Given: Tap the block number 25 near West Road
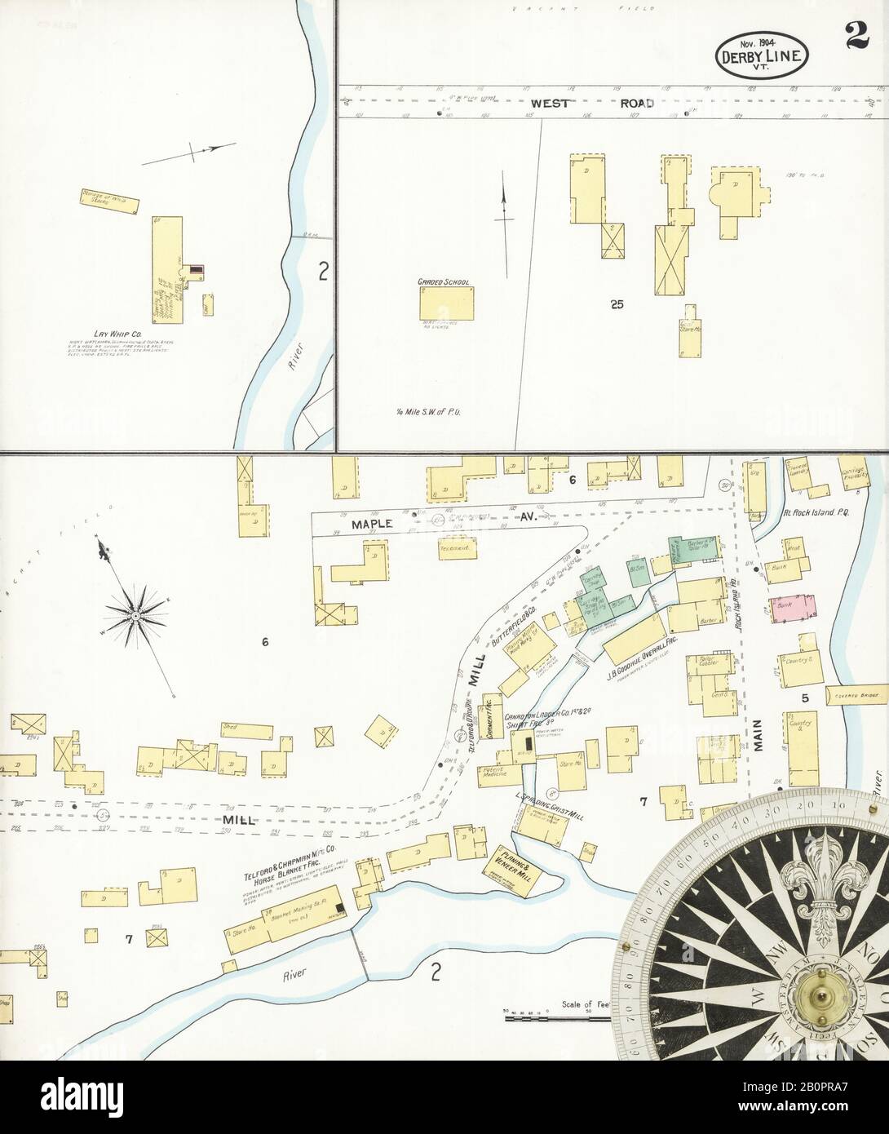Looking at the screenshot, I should (x=616, y=304).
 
